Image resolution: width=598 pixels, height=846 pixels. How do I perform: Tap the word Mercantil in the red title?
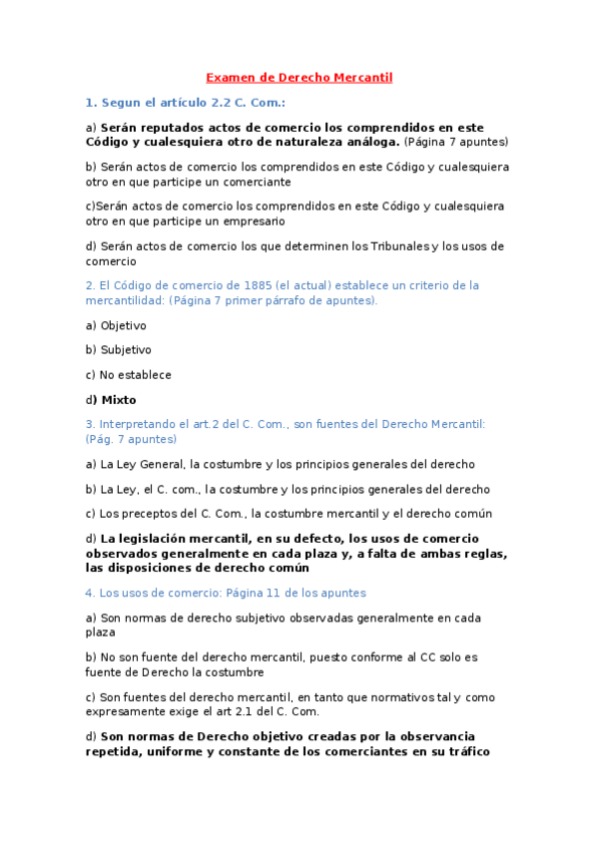pyautogui.click(x=363, y=77)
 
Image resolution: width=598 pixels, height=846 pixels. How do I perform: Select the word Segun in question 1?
pyautogui.click(x=119, y=103)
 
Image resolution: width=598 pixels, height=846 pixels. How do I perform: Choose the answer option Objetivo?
pyautogui.click(x=123, y=325)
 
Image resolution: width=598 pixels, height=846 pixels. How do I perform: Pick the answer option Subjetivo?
pyautogui.click(x=126, y=350)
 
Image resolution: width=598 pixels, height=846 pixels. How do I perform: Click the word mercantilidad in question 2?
pyautogui.click(x=125, y=300)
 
